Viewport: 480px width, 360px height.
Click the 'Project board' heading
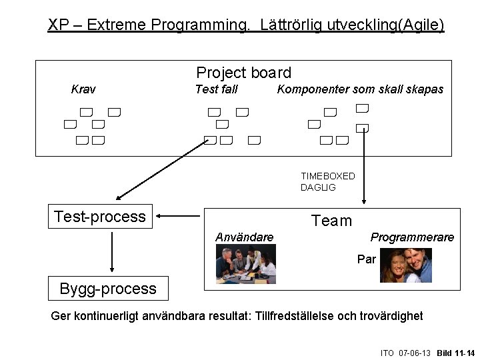243,73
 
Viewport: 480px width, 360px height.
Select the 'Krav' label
83,89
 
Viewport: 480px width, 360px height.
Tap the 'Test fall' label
216,89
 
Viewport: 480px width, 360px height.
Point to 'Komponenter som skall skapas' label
360,89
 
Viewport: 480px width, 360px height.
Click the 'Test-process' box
101,217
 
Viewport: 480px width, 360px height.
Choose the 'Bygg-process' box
108,289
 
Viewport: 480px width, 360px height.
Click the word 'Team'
331,221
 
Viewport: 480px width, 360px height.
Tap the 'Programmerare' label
412,237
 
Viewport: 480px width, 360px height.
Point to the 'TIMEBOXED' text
327,176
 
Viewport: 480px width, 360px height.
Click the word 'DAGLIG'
318,187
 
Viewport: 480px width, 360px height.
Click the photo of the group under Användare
246,264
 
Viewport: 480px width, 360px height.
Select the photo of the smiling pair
405,265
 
